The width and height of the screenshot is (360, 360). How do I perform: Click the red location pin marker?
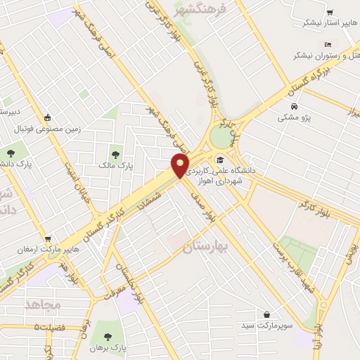click(181, 166)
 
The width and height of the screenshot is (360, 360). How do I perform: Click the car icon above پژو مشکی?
click(294, 107)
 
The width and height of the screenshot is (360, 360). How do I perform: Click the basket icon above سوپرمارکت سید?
click(266, 315)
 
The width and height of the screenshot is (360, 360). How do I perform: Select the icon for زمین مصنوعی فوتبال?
click(47, 118)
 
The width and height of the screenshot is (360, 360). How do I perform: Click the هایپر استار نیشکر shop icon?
click(330, 12)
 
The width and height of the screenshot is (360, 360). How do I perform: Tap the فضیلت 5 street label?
click(56, 328)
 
